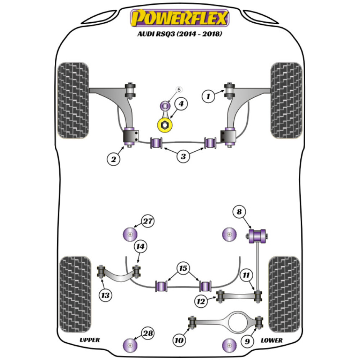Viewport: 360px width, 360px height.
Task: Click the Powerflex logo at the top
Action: [180, 18]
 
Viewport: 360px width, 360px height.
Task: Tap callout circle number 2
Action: [113, 159]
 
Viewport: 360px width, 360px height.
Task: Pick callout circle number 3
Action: [183, 156]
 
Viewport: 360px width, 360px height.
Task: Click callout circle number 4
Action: [181, 104]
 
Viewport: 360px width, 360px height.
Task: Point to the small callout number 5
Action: [179, 90]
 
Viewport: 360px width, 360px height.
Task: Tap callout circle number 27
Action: [147, 221]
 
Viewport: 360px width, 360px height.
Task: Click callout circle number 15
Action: [183, 268]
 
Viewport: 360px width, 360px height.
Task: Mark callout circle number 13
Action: [105, 296]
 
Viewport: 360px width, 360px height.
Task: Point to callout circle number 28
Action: [147, 334]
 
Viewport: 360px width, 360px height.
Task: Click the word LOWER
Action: [271, 340]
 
